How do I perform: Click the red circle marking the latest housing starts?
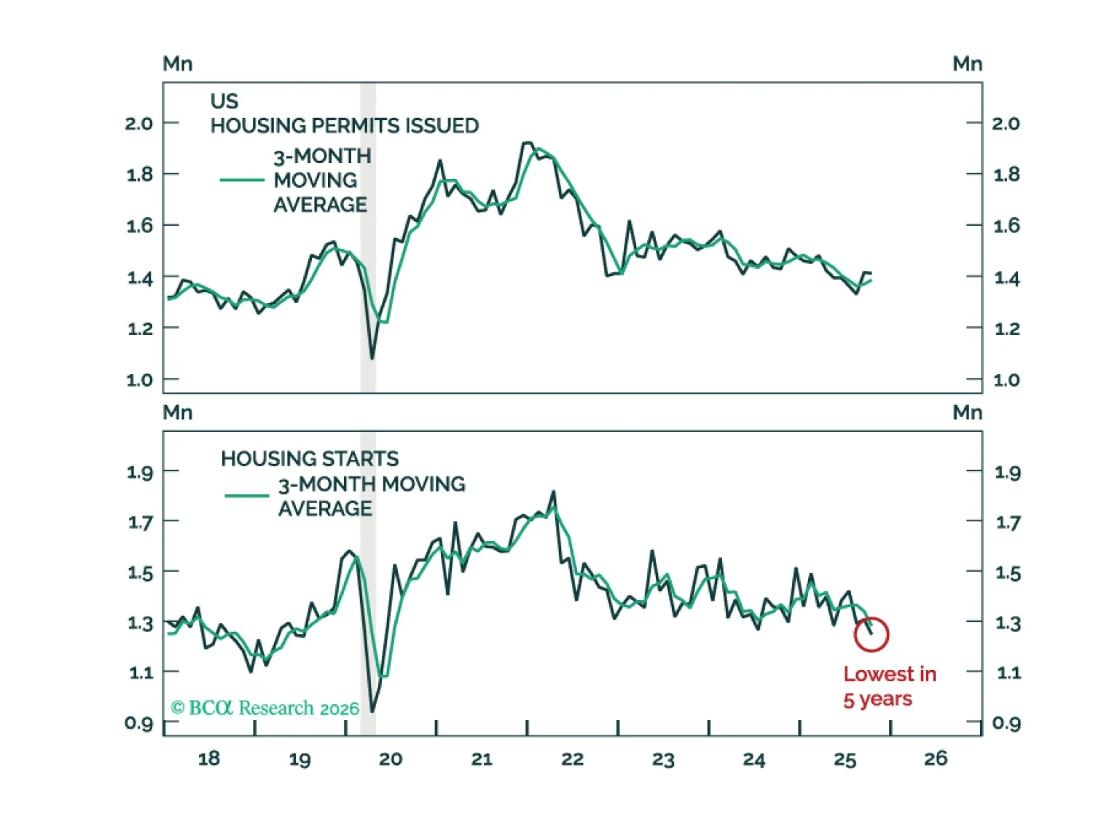click(x=871, y=634)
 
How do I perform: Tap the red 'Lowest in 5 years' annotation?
click(x=889, y=686)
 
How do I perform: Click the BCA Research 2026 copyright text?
click(x=265, y=708)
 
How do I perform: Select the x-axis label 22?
click(x=572, y=759)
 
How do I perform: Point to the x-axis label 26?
click(x=936, y=759)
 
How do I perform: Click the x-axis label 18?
click(x=208, y=759)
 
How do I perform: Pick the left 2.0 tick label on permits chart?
click(x=138, y=123)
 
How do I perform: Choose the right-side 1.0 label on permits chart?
click(x=1006, y=379)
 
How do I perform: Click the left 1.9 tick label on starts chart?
click(x=140, y=473)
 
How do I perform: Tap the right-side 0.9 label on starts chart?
click(x=1006, y=723)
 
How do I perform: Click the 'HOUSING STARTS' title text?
click(x=310, y=459)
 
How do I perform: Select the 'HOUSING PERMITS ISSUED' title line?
click(x=345, y=126)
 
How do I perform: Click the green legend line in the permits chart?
click(x=242, y=180)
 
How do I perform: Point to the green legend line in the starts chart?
click(x=247, y=496)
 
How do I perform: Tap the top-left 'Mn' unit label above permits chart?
click(x=177, y=64)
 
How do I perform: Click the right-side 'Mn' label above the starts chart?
click(x=967, y=413)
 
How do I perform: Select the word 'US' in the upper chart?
click(x=224, y=101)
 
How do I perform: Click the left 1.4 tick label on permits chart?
click(x=139, y=277)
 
